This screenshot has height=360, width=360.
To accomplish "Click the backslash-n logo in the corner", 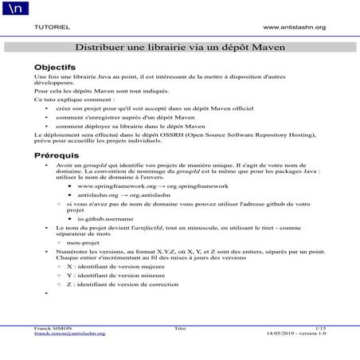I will click(15, 9).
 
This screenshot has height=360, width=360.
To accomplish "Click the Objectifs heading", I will click(55, 67).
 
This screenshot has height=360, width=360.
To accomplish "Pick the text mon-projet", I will click(84, 243).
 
